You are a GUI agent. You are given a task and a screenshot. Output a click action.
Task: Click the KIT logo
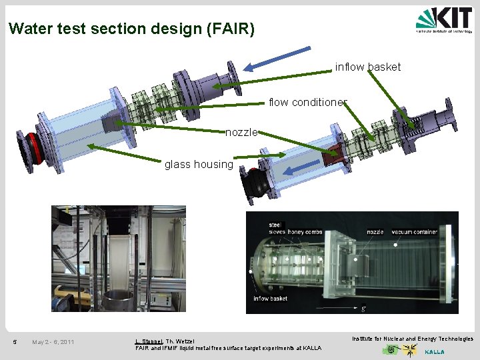444,20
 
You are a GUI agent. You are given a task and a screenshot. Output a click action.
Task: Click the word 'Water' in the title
28,29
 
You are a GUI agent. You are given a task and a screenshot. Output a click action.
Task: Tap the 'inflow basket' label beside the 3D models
368,67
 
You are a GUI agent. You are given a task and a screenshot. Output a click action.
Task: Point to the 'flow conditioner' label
307,103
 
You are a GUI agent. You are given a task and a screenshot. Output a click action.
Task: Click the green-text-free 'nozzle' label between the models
241,133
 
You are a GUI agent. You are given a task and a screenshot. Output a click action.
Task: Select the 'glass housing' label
199,165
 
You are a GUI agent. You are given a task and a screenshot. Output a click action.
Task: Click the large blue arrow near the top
277,58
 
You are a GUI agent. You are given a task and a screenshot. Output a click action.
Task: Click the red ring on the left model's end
31,148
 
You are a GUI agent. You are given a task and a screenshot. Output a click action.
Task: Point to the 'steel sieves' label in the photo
276,229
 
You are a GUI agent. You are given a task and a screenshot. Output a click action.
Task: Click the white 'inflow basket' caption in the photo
270,299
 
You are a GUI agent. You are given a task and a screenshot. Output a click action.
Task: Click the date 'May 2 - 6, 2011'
53,343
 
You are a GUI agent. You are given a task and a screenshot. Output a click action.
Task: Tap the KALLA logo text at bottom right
434,352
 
